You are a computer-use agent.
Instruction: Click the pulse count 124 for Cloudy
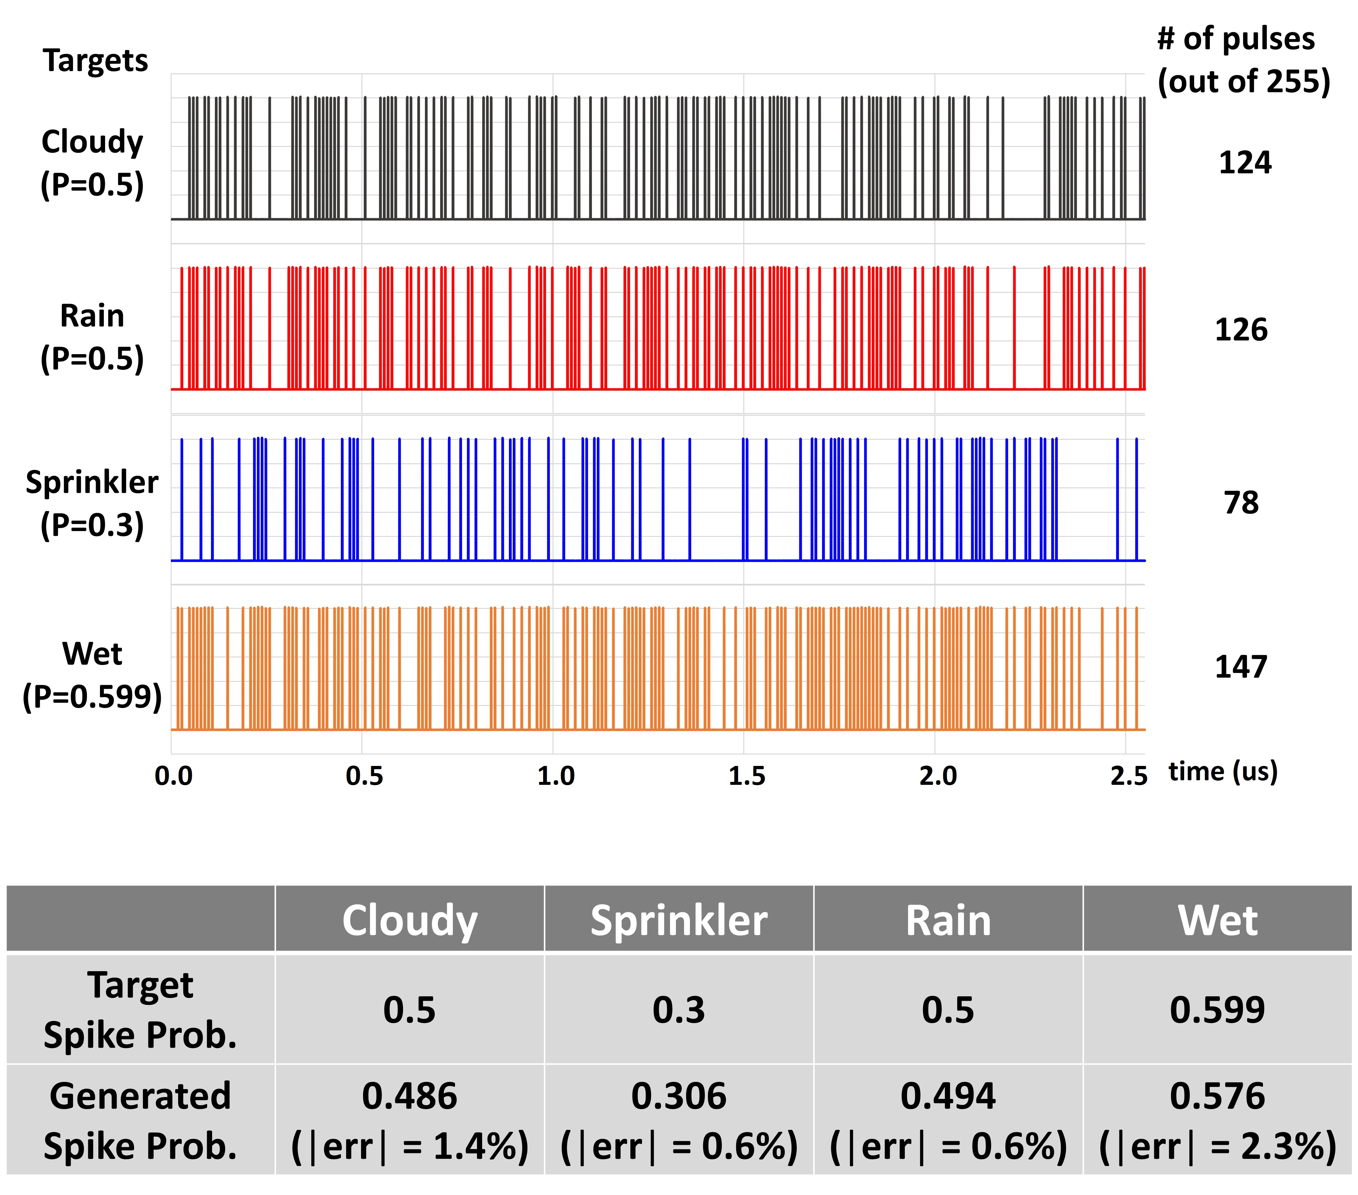click(1244, 163)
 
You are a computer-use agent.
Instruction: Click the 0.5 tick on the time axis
click(364, 776)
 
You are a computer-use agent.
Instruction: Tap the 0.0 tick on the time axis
click(174, 776)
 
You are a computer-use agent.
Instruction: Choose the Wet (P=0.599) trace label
click(92, 675)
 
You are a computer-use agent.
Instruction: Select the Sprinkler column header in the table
click(678, 920)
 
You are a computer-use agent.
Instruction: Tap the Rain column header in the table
click(948, 920)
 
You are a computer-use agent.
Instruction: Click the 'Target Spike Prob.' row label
click(140, 1010)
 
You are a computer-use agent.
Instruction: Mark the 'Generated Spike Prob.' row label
click(140, 1121)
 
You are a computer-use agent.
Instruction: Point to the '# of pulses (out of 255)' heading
click(1242, 60)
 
